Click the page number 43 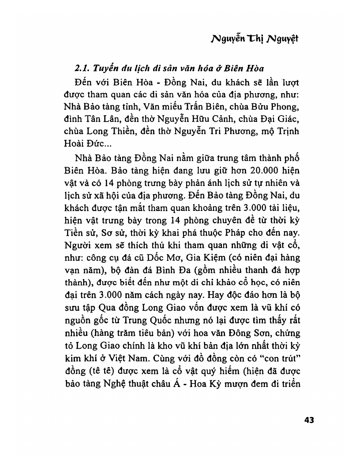point(309,420)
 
